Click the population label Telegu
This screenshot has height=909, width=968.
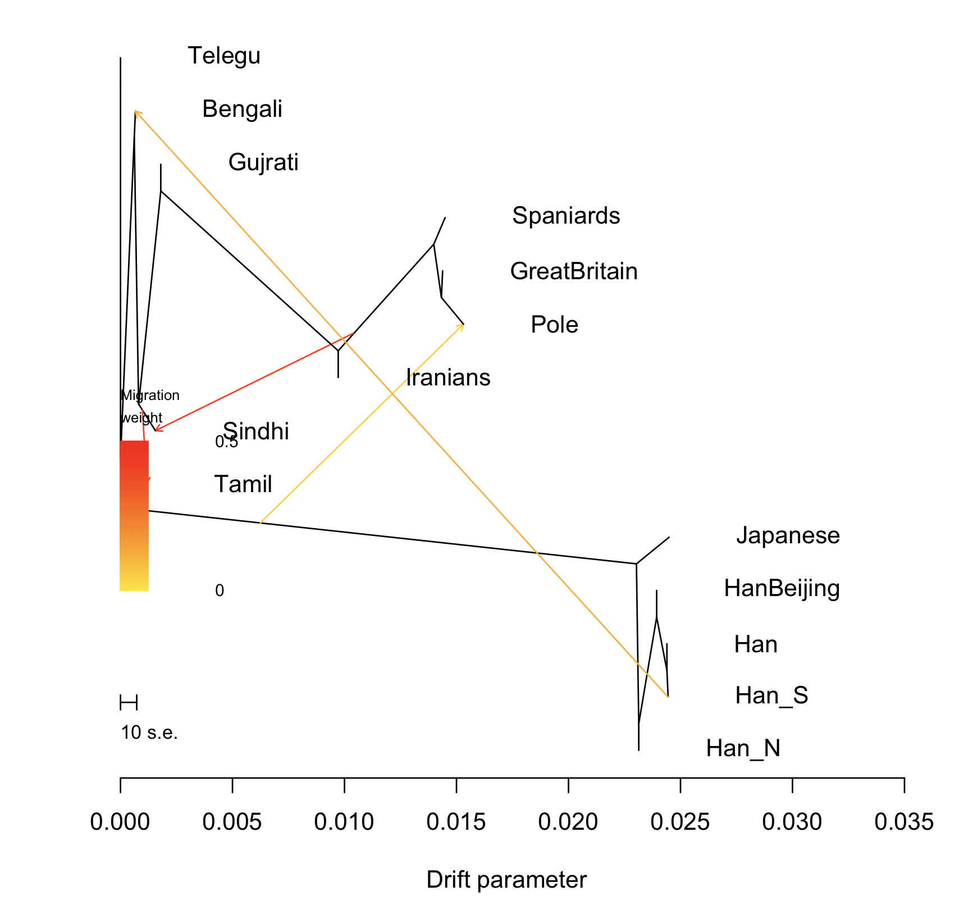click(x=224, y=56)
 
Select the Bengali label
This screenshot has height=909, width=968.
click(x=242, y=110)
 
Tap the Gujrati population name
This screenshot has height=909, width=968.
click(x=263, y=163)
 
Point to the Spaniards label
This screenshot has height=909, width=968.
click(x=566, y=216)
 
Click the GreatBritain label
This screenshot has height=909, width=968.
click(x=574, y=272)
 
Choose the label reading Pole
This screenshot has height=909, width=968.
click(x=554, y=325)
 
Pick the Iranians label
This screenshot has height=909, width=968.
click(x=448, y=378)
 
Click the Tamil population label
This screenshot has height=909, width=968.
click(x=243, y=484)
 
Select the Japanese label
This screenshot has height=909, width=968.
click(x=788, y=535)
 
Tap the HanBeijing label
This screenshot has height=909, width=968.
click(x=782, y=589)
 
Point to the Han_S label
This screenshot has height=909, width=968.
click(x=771, y=696)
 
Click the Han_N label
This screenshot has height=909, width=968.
click(x=743, y=749)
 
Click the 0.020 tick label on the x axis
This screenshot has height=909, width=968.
click(x=568, y=822)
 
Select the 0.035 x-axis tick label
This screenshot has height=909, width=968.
click(x=904, y=822)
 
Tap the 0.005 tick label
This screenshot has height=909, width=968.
click(x=232, y=822)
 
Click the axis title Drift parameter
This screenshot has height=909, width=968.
click(x=506, y=880)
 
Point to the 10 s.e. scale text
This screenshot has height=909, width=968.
click(x=149, y=733)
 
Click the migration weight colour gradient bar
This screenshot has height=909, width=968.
click(x=134, y=516)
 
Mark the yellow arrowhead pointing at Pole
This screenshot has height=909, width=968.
click(x=462, y=327)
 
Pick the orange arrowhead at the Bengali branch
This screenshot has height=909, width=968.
click(x=136, y=113)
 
